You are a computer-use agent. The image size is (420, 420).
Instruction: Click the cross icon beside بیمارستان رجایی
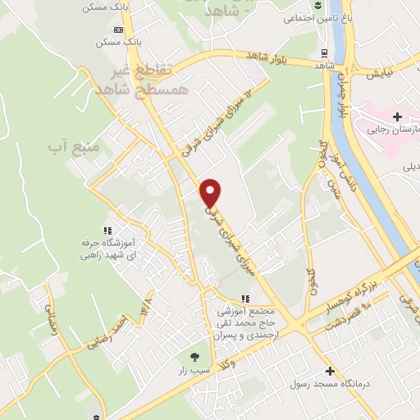tap(398, 117)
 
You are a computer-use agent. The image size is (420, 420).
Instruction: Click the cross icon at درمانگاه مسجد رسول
tap(330, 371)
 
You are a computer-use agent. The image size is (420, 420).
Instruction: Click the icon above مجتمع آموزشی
tap(244, 299)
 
